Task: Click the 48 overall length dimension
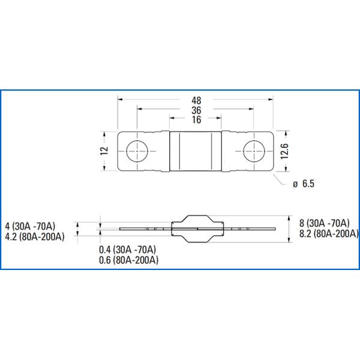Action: (196, 100)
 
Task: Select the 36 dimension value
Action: (196, 110)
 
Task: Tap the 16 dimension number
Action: (196, 120)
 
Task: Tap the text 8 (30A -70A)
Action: (324, 222)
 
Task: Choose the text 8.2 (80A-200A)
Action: (328, 233)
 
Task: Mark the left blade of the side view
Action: (144, 229)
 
